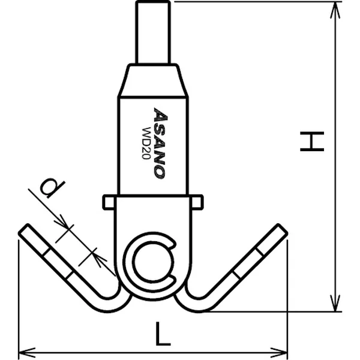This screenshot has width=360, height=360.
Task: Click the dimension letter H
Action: (x=312, y=142)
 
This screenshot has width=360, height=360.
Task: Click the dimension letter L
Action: (x=163, y=334)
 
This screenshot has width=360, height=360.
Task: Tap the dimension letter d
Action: (x=52, y=188)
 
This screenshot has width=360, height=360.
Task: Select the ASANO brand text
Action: (x=159, y=143)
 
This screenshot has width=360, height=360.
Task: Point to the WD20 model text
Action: (x=146, y=143)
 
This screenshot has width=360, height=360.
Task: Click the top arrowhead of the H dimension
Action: (x=335, y=10)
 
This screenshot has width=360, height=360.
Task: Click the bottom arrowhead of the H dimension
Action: (x=335, y=303)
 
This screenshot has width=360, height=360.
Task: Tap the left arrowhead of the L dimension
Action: (x=27, y=352)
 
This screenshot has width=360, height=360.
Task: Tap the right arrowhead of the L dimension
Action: (x=279, y=352)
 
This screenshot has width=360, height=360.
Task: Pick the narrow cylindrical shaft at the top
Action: (x=153, y=32)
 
